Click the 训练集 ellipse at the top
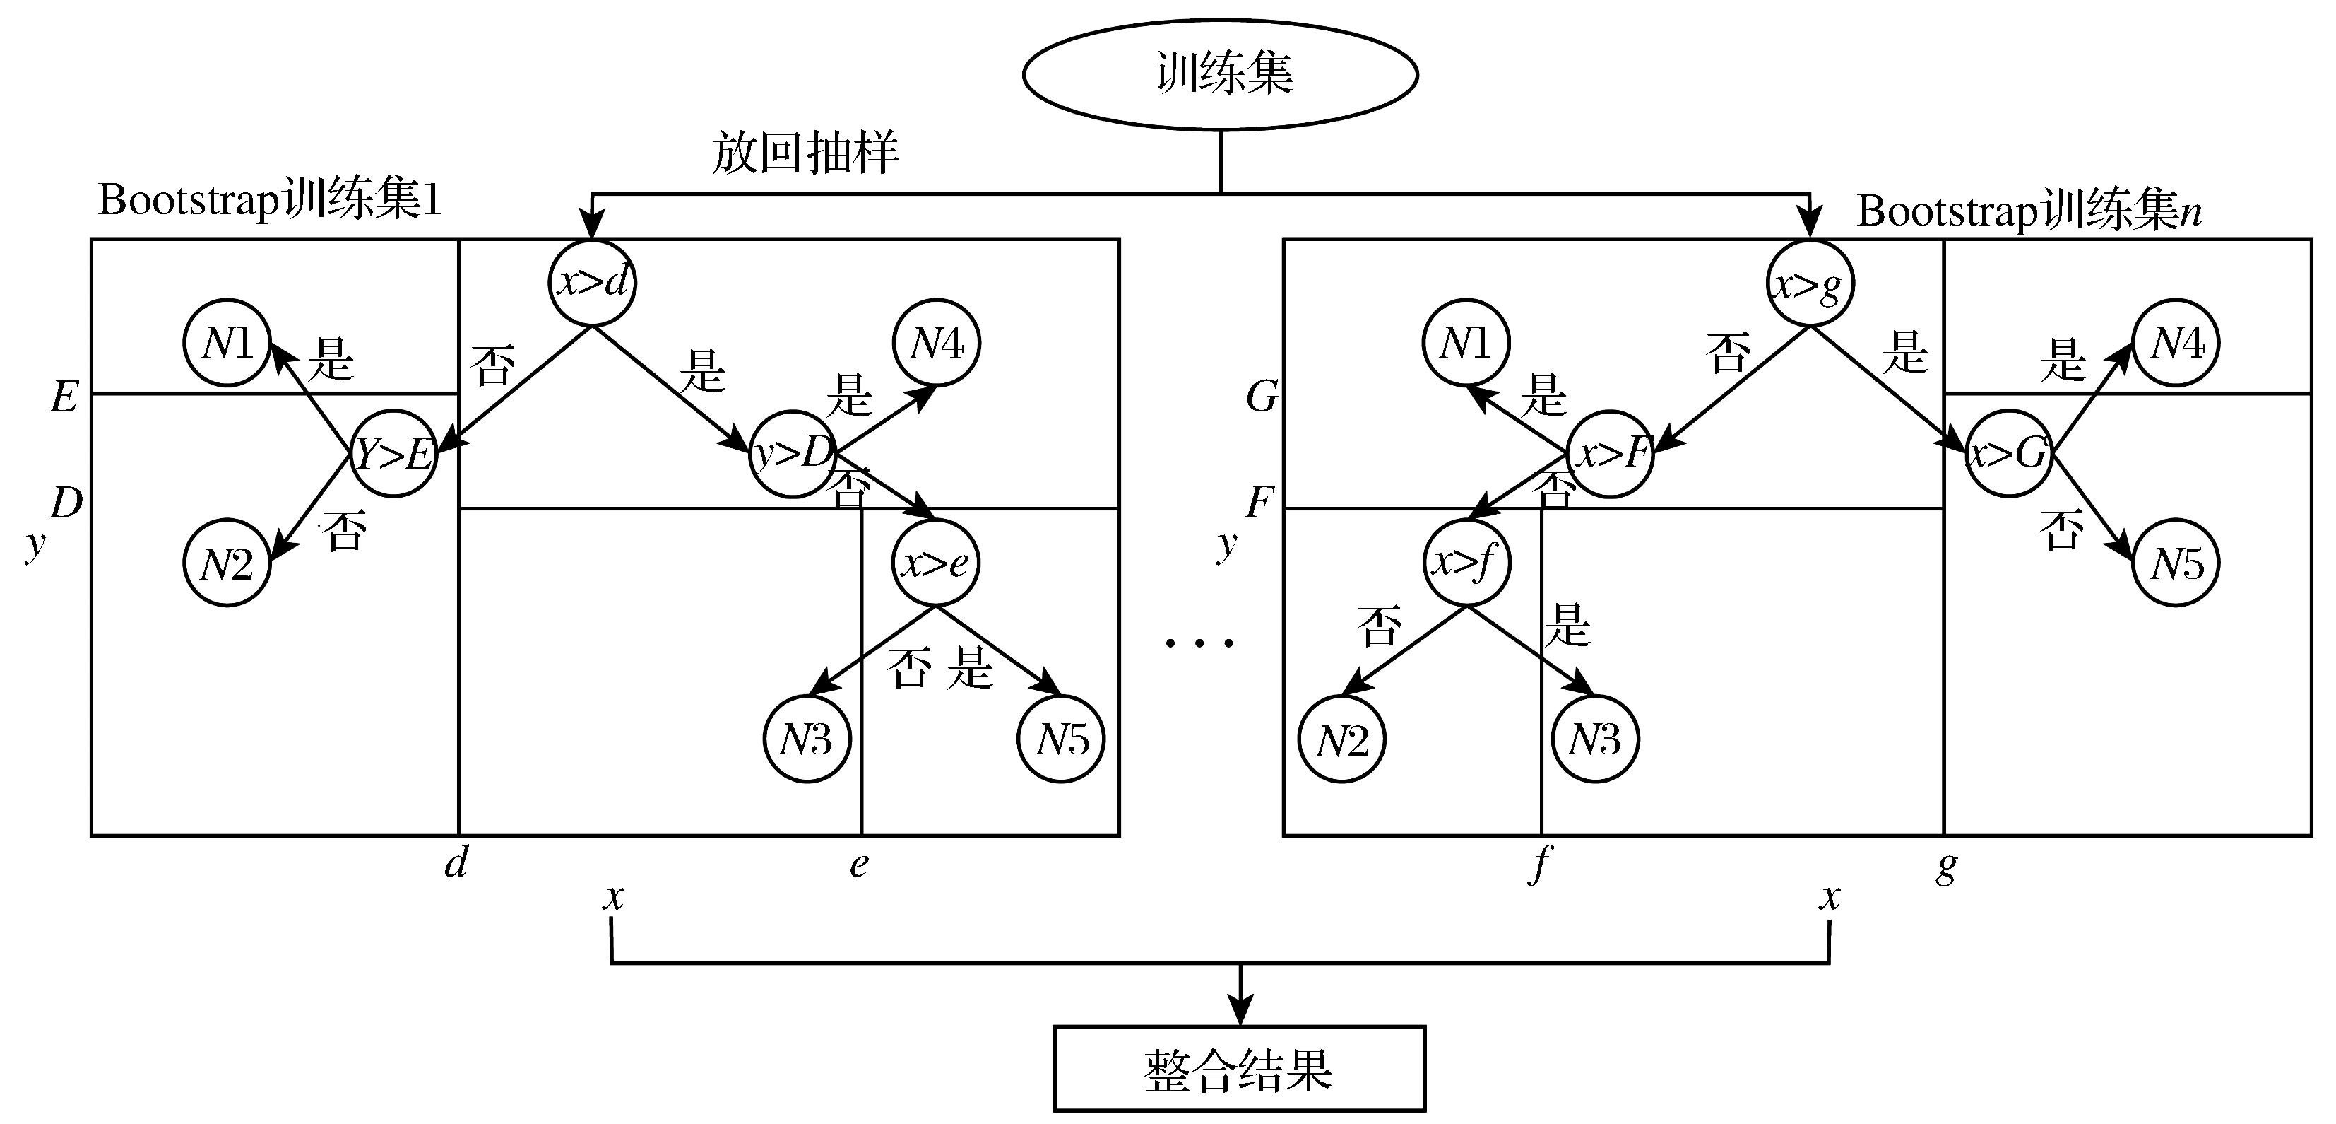click(1221, 74)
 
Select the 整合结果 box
click(1239, 1069)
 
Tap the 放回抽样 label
click(805, 153)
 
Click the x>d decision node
click(593, 283)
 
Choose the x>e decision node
click(936, 563)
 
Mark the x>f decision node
click(1466, 563)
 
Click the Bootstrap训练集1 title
click(269, 199)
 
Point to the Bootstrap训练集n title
click(2029, 211)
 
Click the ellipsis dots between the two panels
click(1199, 643)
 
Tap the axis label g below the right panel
click(1946, 867)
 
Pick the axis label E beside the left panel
click(64, 397)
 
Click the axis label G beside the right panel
click(1262, 397)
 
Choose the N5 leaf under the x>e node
click(1062, 739)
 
